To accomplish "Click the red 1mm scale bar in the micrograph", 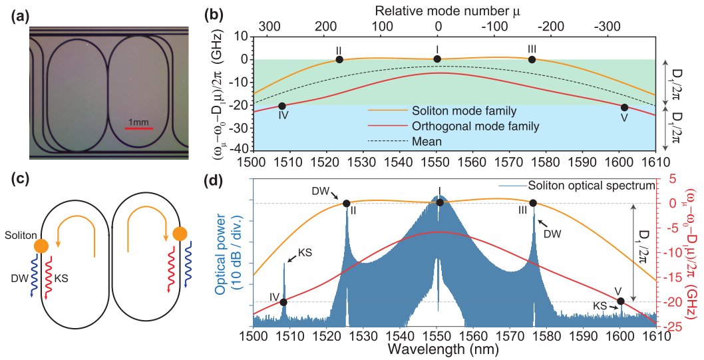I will click(139, 128).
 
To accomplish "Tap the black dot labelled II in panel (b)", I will click(339, 59).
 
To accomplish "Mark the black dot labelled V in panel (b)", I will click(624, 107).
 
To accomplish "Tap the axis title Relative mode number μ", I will click(437, 10).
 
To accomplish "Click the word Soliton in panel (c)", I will click(17, 236).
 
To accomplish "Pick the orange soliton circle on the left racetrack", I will click(41, 246).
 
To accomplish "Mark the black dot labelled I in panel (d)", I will click(439, 202).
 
